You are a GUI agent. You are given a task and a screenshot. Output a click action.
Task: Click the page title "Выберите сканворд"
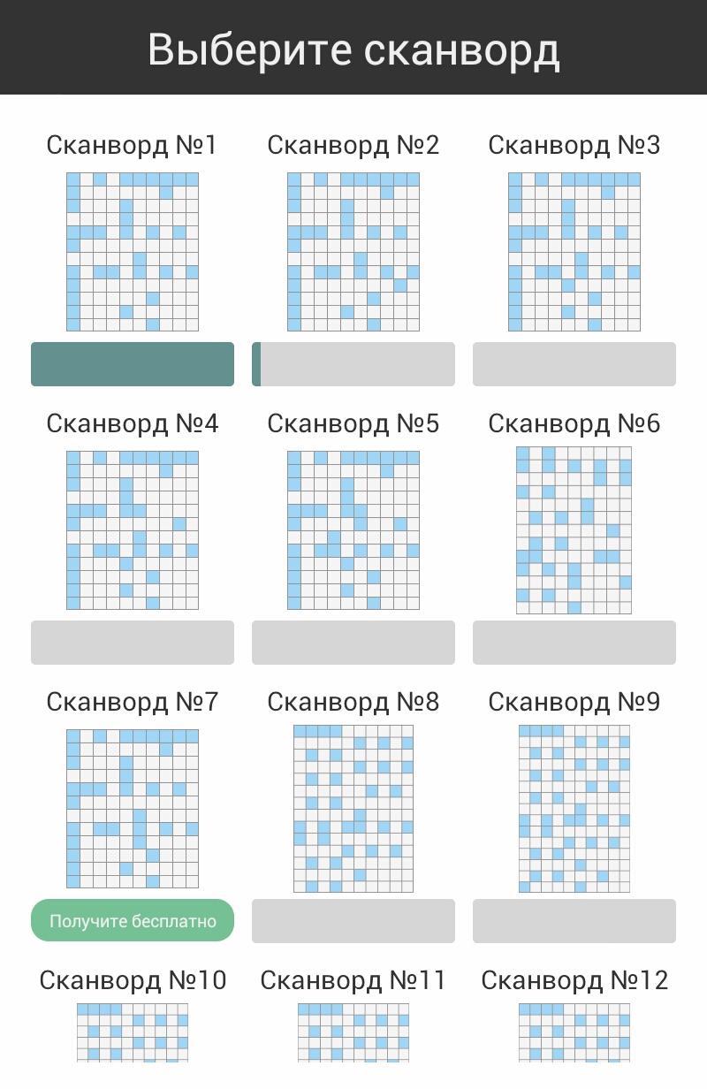click(353, 49)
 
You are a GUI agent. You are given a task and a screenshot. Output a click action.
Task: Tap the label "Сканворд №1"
click(132, 145)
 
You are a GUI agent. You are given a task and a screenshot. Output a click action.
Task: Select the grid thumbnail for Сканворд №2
click(353, 252)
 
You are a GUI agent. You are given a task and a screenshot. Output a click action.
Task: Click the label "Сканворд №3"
click(574, 145)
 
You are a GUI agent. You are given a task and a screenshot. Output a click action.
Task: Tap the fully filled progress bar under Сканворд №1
click(133, 364)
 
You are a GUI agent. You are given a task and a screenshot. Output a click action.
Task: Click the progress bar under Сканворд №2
click(353, 364)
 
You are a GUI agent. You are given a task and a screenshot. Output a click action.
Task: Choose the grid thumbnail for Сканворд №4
click(133, 530)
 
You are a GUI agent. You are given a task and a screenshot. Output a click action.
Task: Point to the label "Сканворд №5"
click(353, 423)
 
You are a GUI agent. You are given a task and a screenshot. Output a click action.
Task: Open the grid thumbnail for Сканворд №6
click(574, 530)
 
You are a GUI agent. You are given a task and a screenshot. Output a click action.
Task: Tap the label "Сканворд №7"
click(132, 702)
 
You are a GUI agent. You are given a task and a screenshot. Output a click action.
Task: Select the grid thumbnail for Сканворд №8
click(353, 809)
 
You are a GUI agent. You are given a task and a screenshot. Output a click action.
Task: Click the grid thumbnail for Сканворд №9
click(574, 809)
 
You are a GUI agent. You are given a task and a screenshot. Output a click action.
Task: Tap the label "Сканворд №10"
click(133, 980)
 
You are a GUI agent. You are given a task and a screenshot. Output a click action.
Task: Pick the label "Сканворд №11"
click(353, 980)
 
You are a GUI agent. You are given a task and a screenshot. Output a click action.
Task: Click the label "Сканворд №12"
click(574, 980)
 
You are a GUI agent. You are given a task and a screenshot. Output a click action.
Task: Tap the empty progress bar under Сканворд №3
click(574, 364)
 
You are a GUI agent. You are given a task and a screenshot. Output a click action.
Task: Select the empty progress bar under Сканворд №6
click(574, 643)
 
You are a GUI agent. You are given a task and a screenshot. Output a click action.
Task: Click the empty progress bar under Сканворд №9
click(574, 921)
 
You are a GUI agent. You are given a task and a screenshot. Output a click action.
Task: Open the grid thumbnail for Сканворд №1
click(133, 252)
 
